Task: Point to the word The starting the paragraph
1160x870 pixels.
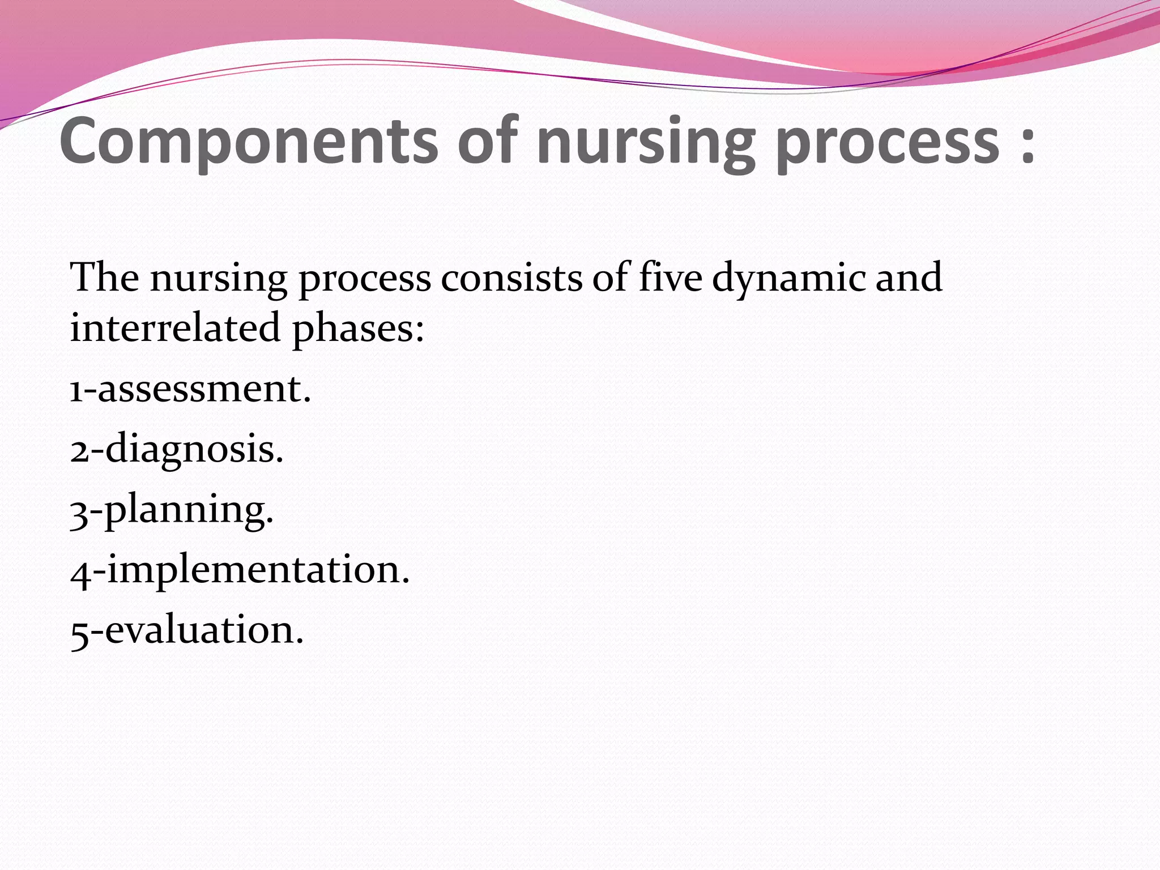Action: click(x=104, y=278)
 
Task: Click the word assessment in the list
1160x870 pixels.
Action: click(x=204, y=390)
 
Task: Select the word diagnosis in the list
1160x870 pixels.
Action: click(x=194, y=451)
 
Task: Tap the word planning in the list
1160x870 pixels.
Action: click(x=189, y=510)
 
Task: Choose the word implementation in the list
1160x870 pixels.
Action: click(x=258, y=571)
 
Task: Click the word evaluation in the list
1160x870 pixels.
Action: click(x=204, y=630)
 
